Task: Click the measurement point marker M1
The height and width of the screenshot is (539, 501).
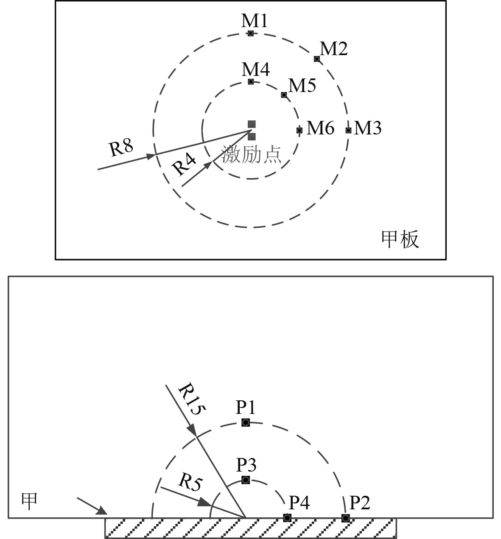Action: click(x=251, y=33)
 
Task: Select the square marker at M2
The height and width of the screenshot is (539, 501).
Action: click(x=317, y=59)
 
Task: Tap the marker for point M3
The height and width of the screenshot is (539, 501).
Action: click(x=348, y=130)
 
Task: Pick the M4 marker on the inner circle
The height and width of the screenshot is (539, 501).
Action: click(x=251, y=81)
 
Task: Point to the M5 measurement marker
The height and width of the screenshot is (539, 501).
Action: click(x=284, y=95)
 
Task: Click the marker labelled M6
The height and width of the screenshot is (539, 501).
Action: click(x=299, y=130)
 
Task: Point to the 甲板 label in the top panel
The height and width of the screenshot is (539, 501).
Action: click(x=400, y=239)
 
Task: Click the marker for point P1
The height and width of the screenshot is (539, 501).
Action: click(x=246, y=422)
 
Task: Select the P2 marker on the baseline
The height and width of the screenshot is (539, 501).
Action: click(x=346, y=518)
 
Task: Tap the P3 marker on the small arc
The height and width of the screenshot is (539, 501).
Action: click(x=246, y=480)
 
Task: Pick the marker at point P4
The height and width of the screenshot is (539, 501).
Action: click(x=287, y=518)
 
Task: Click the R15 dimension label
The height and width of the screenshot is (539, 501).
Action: click(x=191, y=399)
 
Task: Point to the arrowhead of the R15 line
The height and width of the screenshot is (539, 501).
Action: click(x=193, y=430)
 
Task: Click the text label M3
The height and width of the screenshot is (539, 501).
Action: click(x=368, y=128)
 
